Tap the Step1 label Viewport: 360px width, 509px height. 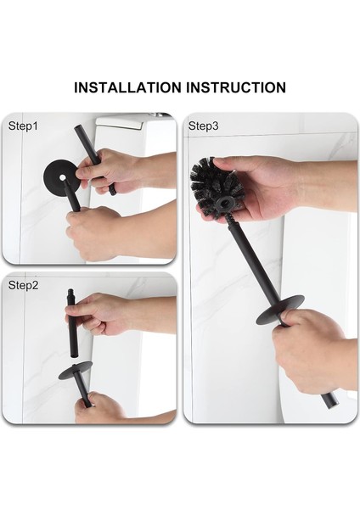click(24, 126)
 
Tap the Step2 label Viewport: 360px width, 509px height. click(24, 285)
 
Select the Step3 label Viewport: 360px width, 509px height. click(204, 126)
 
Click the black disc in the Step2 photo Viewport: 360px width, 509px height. click(76, 371)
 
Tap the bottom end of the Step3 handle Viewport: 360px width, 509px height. click(329, 400)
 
